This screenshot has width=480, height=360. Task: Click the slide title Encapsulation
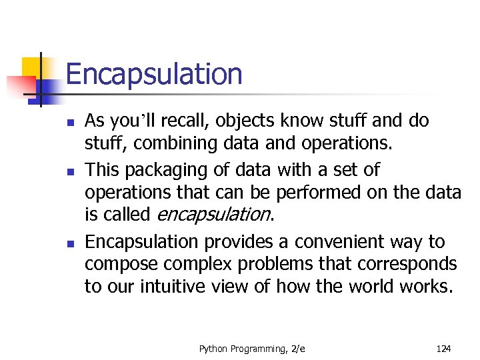[154, 75]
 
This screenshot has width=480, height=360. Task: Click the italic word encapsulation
[213, 215]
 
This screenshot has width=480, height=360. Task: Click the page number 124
[443, 348]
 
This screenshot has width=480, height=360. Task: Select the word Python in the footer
[213, 348]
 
